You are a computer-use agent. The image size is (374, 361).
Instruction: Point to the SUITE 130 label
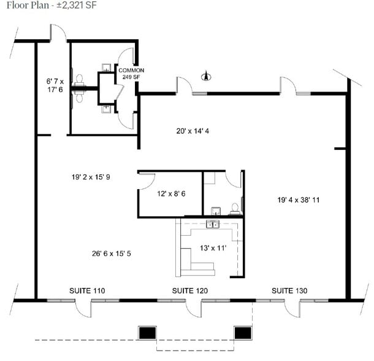[x=289, y=290]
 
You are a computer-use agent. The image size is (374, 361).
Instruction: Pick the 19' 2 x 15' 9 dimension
[x=90, y=177]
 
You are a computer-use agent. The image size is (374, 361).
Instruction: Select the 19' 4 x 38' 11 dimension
[x=299, y=200]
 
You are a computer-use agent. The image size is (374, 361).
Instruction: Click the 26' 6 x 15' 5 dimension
[x=113, y=252]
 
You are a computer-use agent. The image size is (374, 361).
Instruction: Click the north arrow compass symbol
[x=207, y=77]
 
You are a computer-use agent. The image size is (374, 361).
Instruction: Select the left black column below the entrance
[x=147, y=333]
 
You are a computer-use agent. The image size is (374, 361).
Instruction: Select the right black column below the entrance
[x=243, y=333]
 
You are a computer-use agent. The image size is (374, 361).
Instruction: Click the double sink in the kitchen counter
[x=213, y=224]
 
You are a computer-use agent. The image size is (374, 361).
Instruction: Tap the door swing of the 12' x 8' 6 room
[x=145, y=180]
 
